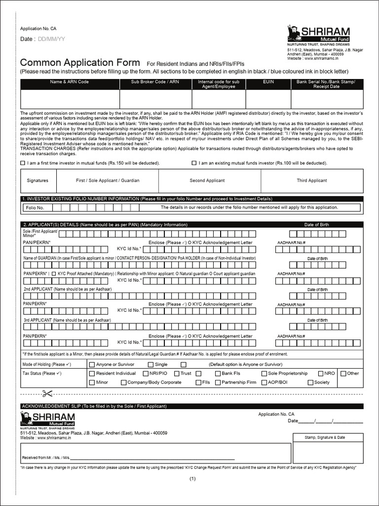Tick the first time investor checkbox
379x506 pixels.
point(23,163)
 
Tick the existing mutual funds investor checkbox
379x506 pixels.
point(194,163)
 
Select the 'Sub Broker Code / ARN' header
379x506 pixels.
point(155,82)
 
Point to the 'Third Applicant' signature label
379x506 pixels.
point(311,181)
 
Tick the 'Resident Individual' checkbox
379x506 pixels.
point(92,374)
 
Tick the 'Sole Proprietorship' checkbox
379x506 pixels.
point(265,374)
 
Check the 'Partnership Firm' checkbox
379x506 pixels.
point(218,382)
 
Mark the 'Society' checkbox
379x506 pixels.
point(310,382)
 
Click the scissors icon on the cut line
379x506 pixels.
point(47,394)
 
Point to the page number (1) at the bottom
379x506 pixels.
point(192,478)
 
